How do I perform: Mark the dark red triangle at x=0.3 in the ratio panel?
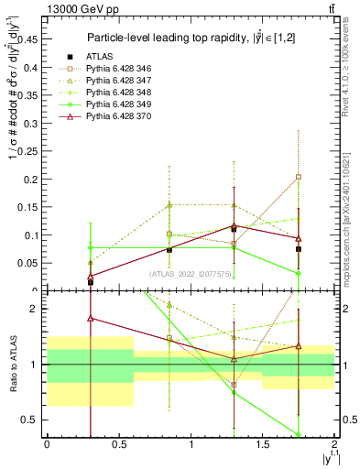click(90, 319)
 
